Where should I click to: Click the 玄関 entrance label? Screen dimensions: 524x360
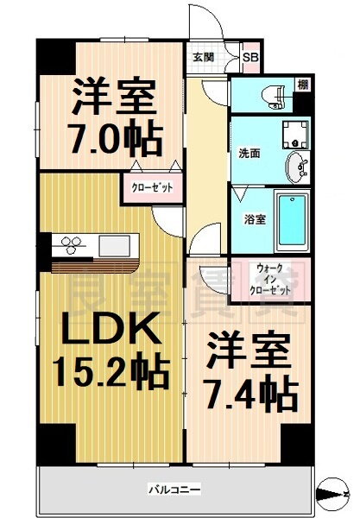point(204,57)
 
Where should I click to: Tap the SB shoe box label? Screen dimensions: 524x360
point(250,58)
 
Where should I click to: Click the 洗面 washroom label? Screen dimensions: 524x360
point(249,153)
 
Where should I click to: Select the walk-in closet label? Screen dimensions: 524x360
point(269,279)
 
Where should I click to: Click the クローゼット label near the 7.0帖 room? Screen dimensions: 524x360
point(152,186)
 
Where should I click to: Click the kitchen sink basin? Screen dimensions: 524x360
point(114,245)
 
